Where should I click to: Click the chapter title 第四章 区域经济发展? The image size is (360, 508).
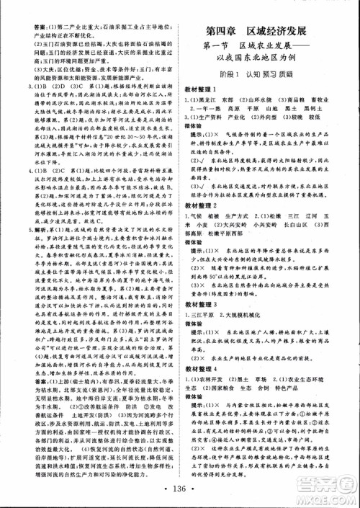point(266,31)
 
